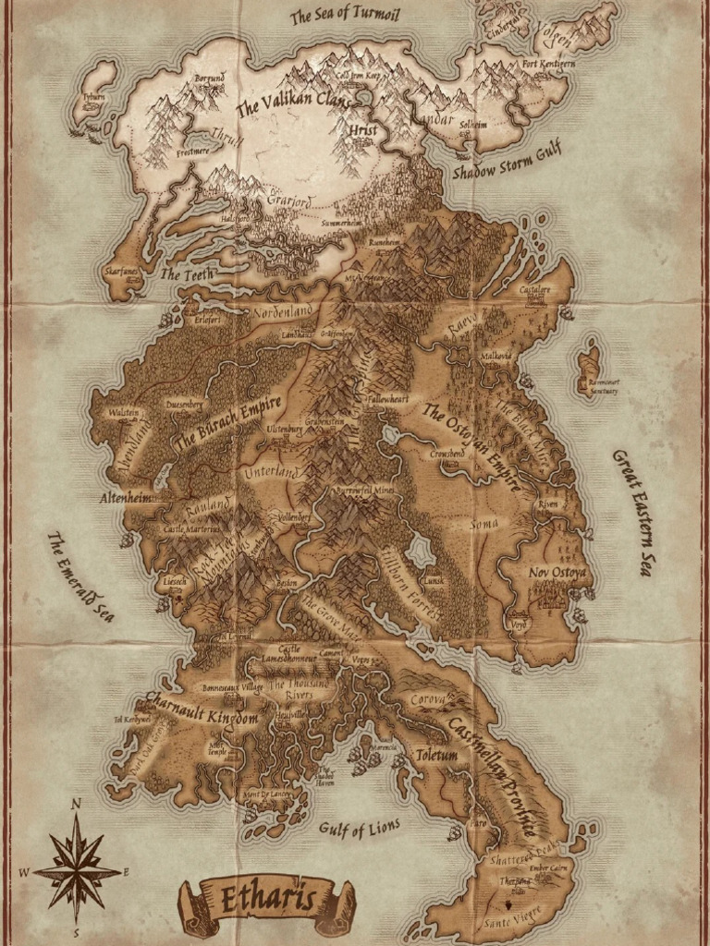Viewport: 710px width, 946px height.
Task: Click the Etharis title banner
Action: pos(266,897)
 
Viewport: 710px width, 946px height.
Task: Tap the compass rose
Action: pos(77,869)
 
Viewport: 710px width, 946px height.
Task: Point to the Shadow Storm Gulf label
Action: pos(507,163)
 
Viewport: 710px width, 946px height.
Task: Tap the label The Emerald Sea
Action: pos(80,576)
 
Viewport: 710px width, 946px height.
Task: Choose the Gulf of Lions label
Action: pos(360,827)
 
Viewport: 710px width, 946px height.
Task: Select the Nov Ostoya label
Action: pos(557,573)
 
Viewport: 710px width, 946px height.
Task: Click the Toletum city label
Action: pos(435,755)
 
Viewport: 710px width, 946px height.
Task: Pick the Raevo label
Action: pos(460,331)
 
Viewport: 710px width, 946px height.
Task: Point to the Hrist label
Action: pos(363,131)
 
